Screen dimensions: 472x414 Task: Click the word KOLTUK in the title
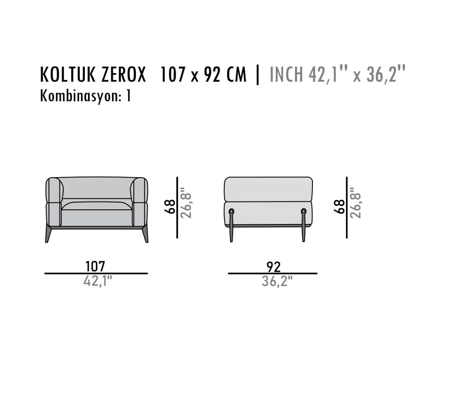pos(68,74)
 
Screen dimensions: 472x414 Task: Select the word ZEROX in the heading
pos(124,74)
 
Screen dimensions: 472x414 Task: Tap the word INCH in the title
pos(286,74)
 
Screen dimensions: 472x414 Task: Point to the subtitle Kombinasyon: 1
pos(86,96)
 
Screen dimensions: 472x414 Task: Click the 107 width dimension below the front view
pos(95,266)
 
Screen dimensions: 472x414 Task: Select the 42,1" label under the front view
pos(98,281)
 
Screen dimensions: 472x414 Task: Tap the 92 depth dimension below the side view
pos(274,267)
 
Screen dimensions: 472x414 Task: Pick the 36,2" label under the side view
pos(277,281)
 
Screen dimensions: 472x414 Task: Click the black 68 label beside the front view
pos(170,207)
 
